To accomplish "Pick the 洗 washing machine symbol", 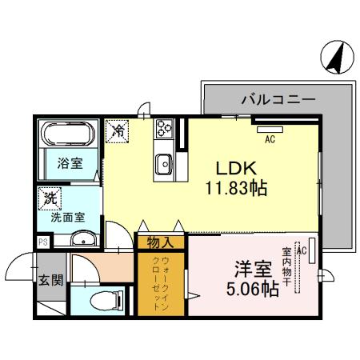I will click(x=50, y=197).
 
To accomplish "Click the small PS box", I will click(x=42, y=240).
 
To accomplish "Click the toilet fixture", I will click(x=102, y=301).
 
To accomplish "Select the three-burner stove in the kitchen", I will click(x=166, y=129).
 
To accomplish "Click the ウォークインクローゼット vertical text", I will click(x=160, y=283).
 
